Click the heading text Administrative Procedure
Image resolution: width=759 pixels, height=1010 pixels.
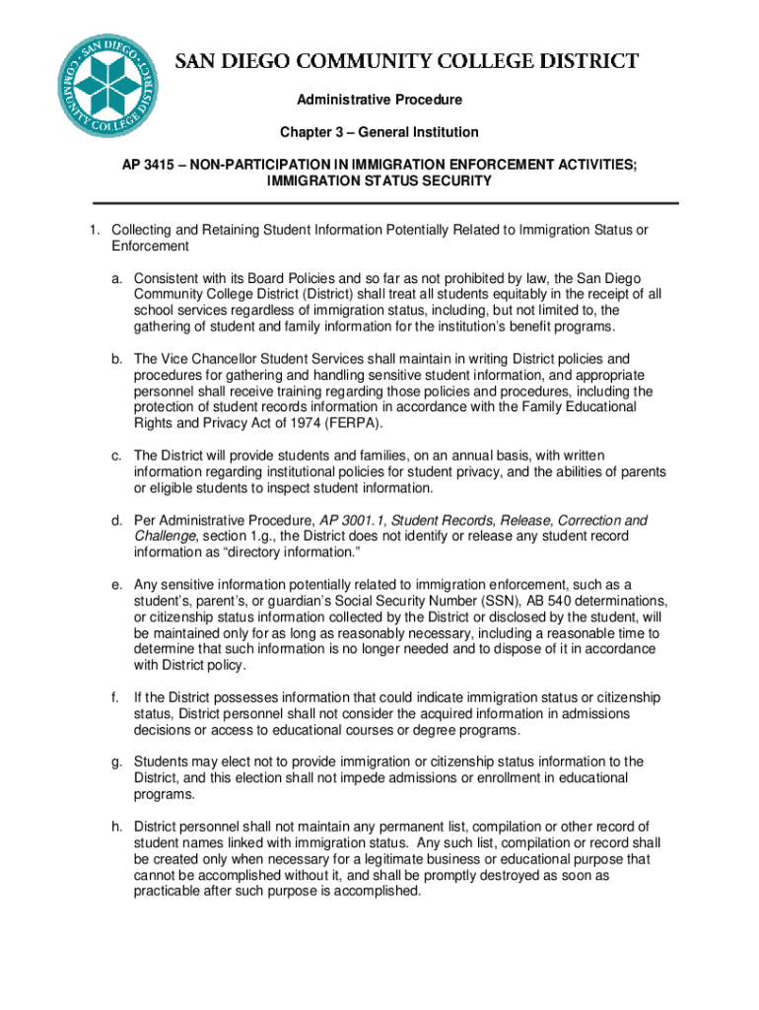pos(379,100)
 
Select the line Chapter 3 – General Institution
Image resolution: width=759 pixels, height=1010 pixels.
pos(379,132)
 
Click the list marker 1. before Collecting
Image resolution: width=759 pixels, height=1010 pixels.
pos(95,230)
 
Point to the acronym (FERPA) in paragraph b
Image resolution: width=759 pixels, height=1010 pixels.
pos(352,423)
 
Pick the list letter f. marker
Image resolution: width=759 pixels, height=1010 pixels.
pos(115,697)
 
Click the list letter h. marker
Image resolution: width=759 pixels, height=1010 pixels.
pos(115,826)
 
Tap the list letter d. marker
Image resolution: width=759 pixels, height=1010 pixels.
pos(115,520)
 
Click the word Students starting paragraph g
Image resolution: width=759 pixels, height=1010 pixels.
pos(161,761)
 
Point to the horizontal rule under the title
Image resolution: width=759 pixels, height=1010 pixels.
pos(379,203)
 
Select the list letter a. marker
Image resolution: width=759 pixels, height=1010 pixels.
pos(115,278)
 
